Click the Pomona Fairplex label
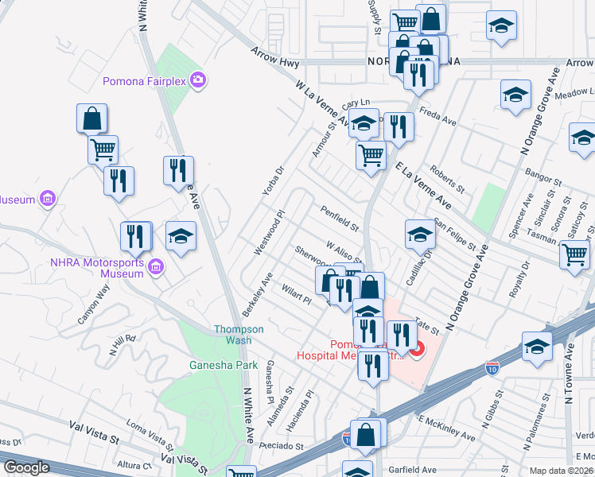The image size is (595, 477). coord(146,80)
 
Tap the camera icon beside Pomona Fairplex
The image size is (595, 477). coord(198,79)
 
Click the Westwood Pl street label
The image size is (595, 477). coord(268,233)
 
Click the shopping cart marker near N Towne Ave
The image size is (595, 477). coord(575,255)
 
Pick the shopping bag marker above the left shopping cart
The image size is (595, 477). coord(92,118)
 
